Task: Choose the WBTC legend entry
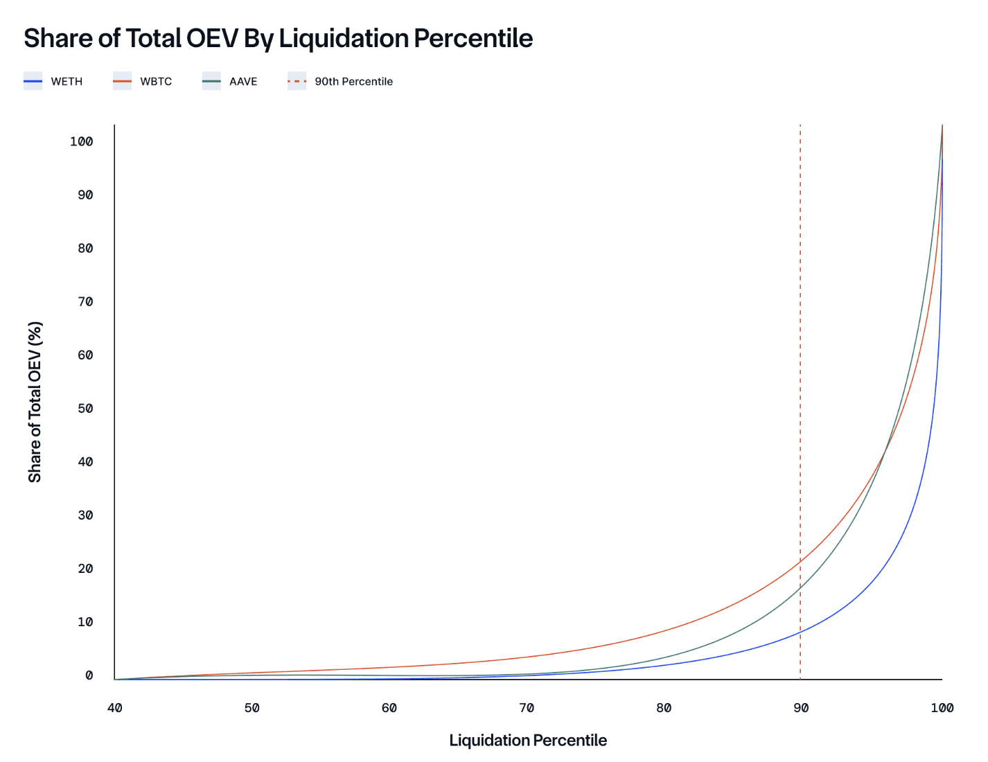[143, 82]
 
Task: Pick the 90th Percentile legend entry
[340, 82]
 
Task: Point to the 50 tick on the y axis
[85, 409]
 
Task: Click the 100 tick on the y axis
[81, 142]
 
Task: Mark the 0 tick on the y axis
[89, 675]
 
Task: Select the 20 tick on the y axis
[85, 569]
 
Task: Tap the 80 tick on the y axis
[85, 249]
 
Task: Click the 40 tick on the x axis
[115, 708]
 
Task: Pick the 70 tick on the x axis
[527, 708]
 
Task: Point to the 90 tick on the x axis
[801, 708]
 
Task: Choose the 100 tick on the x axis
[942, 708]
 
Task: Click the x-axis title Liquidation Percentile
[528, 741]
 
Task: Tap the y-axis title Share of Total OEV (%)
[35, 402]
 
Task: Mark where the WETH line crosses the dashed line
[800, 632]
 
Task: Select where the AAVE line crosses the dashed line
[800, 586]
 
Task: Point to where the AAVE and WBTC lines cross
[884, 452]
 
